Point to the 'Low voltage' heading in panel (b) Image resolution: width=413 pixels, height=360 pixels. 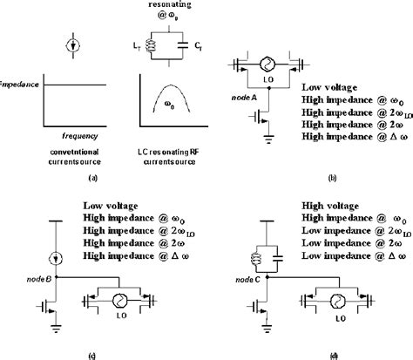[x=328, y=88]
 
